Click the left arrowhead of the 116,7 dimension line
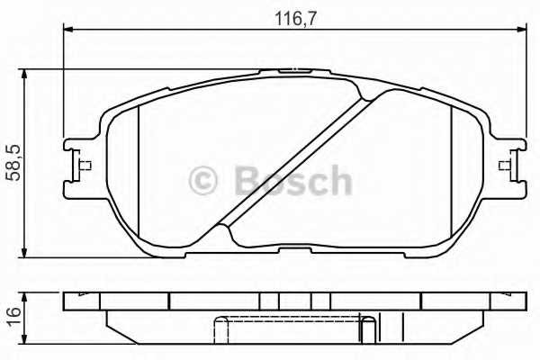coord(68,31)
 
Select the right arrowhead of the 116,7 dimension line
coord(523,31)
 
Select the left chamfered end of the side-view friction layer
coord(111,320)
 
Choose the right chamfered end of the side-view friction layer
coord(481,320)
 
